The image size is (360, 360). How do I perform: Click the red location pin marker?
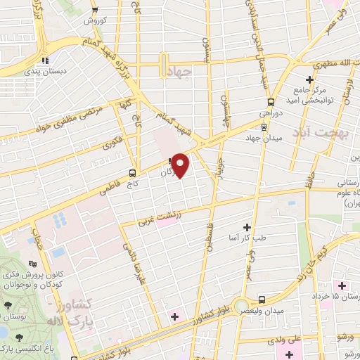click(x=181, y=165)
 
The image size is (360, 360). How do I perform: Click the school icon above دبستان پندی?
click(x=46, y=60)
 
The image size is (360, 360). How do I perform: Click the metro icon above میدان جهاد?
click(x=263, y=127)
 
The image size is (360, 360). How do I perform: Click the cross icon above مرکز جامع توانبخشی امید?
click(x=310, y=79)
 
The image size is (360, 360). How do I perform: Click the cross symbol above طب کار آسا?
click(x=247, y=227)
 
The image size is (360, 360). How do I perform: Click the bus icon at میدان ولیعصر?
click(x=262, y=298)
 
